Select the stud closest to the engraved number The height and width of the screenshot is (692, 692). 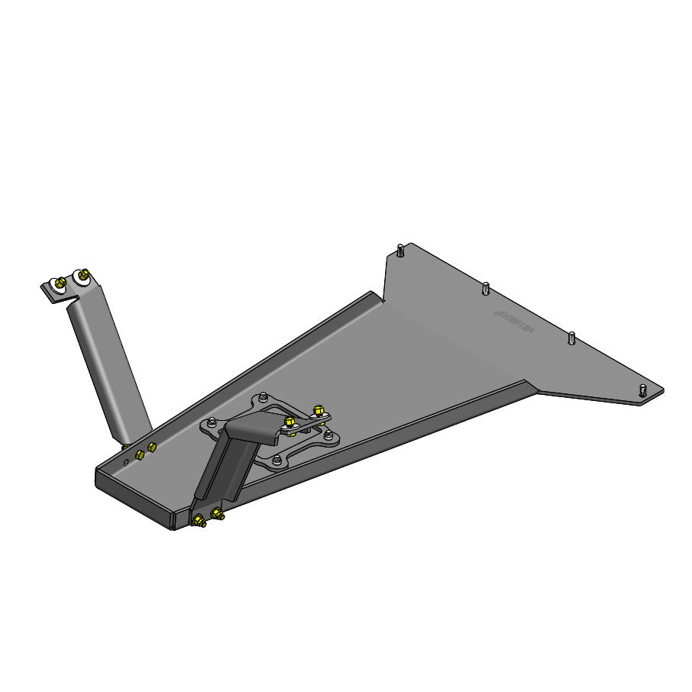point(485,288)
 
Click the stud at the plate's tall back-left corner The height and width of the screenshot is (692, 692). point(400,249)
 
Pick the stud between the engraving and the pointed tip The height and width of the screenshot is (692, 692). point(571,337)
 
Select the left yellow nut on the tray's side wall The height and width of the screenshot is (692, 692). point(139,454)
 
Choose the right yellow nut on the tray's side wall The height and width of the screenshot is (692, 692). point(151,446)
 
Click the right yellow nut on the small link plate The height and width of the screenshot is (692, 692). point(319,411)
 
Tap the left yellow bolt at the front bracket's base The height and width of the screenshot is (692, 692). point(199,522)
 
